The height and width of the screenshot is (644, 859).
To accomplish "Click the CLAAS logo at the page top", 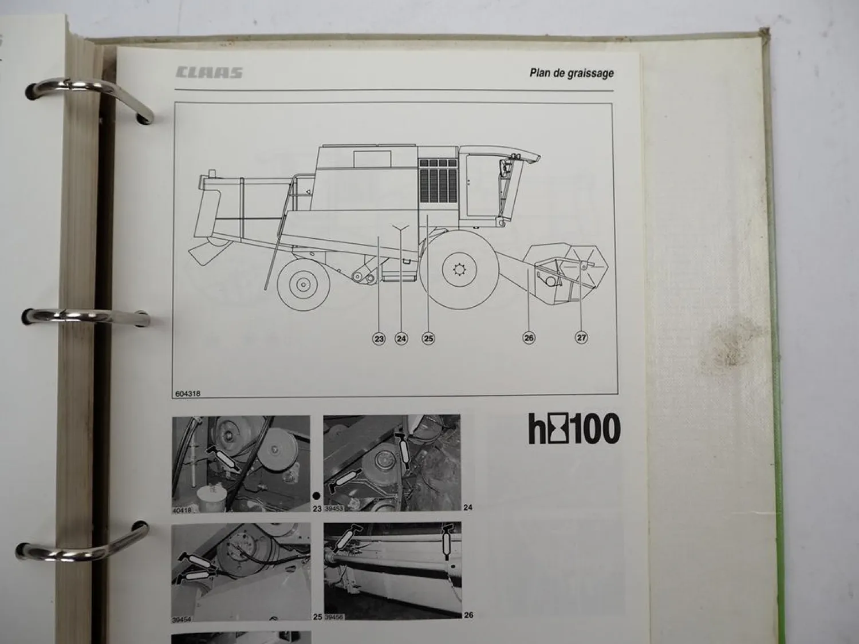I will [209, 73].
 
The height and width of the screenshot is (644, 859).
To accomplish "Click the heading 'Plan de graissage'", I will [571, 73].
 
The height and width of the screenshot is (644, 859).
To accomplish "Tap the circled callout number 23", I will [379, 339].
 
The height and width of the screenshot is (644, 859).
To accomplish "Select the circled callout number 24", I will [401, 339].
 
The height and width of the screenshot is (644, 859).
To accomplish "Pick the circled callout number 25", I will [428, 339].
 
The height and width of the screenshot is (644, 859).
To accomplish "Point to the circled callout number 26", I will [529, 338].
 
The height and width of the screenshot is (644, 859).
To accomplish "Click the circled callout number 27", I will [581, 338].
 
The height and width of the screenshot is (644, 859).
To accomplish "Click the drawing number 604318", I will [189, 393].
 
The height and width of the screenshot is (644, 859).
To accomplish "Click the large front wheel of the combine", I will [459, 269].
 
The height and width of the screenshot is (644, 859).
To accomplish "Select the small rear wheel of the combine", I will [303, 283].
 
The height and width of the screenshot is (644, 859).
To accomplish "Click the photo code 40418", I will [183, 511].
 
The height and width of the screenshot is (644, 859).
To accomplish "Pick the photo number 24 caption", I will [468, 507].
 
